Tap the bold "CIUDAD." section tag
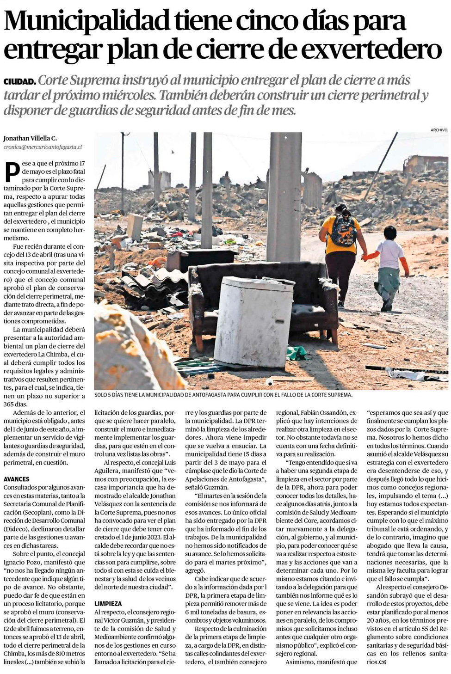19,82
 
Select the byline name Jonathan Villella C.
30,138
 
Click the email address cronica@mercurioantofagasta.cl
43,147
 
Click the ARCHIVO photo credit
439,130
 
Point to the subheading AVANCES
17,479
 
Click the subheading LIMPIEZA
108,604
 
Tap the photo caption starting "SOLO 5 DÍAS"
223,395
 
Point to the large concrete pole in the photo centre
283,194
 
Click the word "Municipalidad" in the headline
86,21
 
